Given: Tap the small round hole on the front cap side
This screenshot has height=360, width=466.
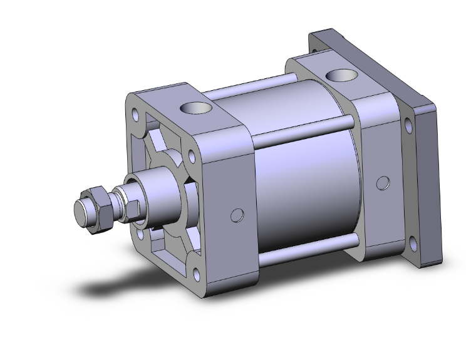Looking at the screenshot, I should (x=237, y=215).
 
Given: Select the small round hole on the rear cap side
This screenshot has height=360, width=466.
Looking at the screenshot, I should (x=381, y=183).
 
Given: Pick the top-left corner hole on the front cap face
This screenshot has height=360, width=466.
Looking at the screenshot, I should (x=135, y=115).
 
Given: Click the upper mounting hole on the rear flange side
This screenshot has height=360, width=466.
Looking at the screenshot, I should (x=408, y=126).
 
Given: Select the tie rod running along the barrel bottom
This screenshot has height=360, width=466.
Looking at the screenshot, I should (x=307, y=249).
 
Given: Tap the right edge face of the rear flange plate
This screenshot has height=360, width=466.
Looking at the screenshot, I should (x=430, y=188).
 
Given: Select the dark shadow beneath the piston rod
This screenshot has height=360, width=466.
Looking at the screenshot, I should (x=119, y=285).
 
